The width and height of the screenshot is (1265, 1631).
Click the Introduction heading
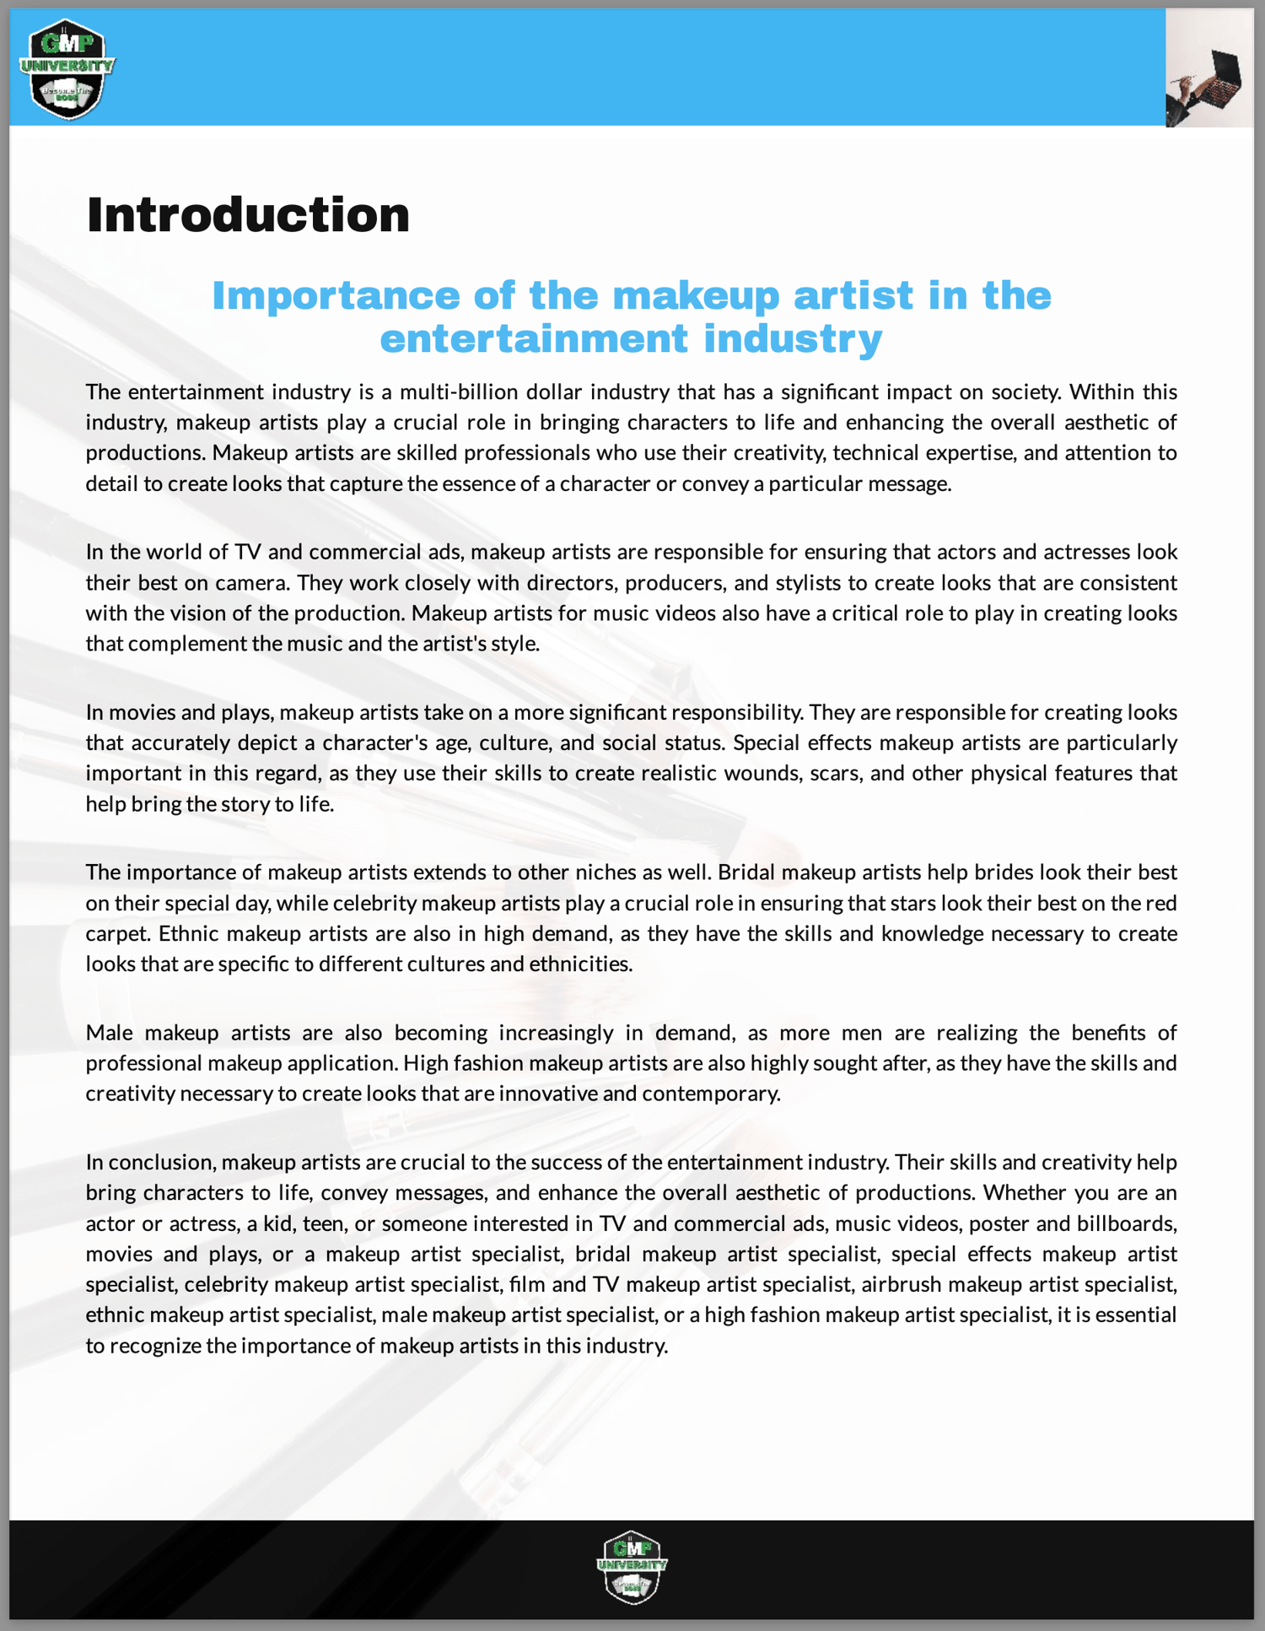[248, 215]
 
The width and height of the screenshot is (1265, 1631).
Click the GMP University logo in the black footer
[632, 1567]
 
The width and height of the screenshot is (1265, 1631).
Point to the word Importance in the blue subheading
[336, 296]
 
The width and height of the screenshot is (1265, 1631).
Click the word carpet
[116, 934]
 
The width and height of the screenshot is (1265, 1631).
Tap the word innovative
[547, 1094]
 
